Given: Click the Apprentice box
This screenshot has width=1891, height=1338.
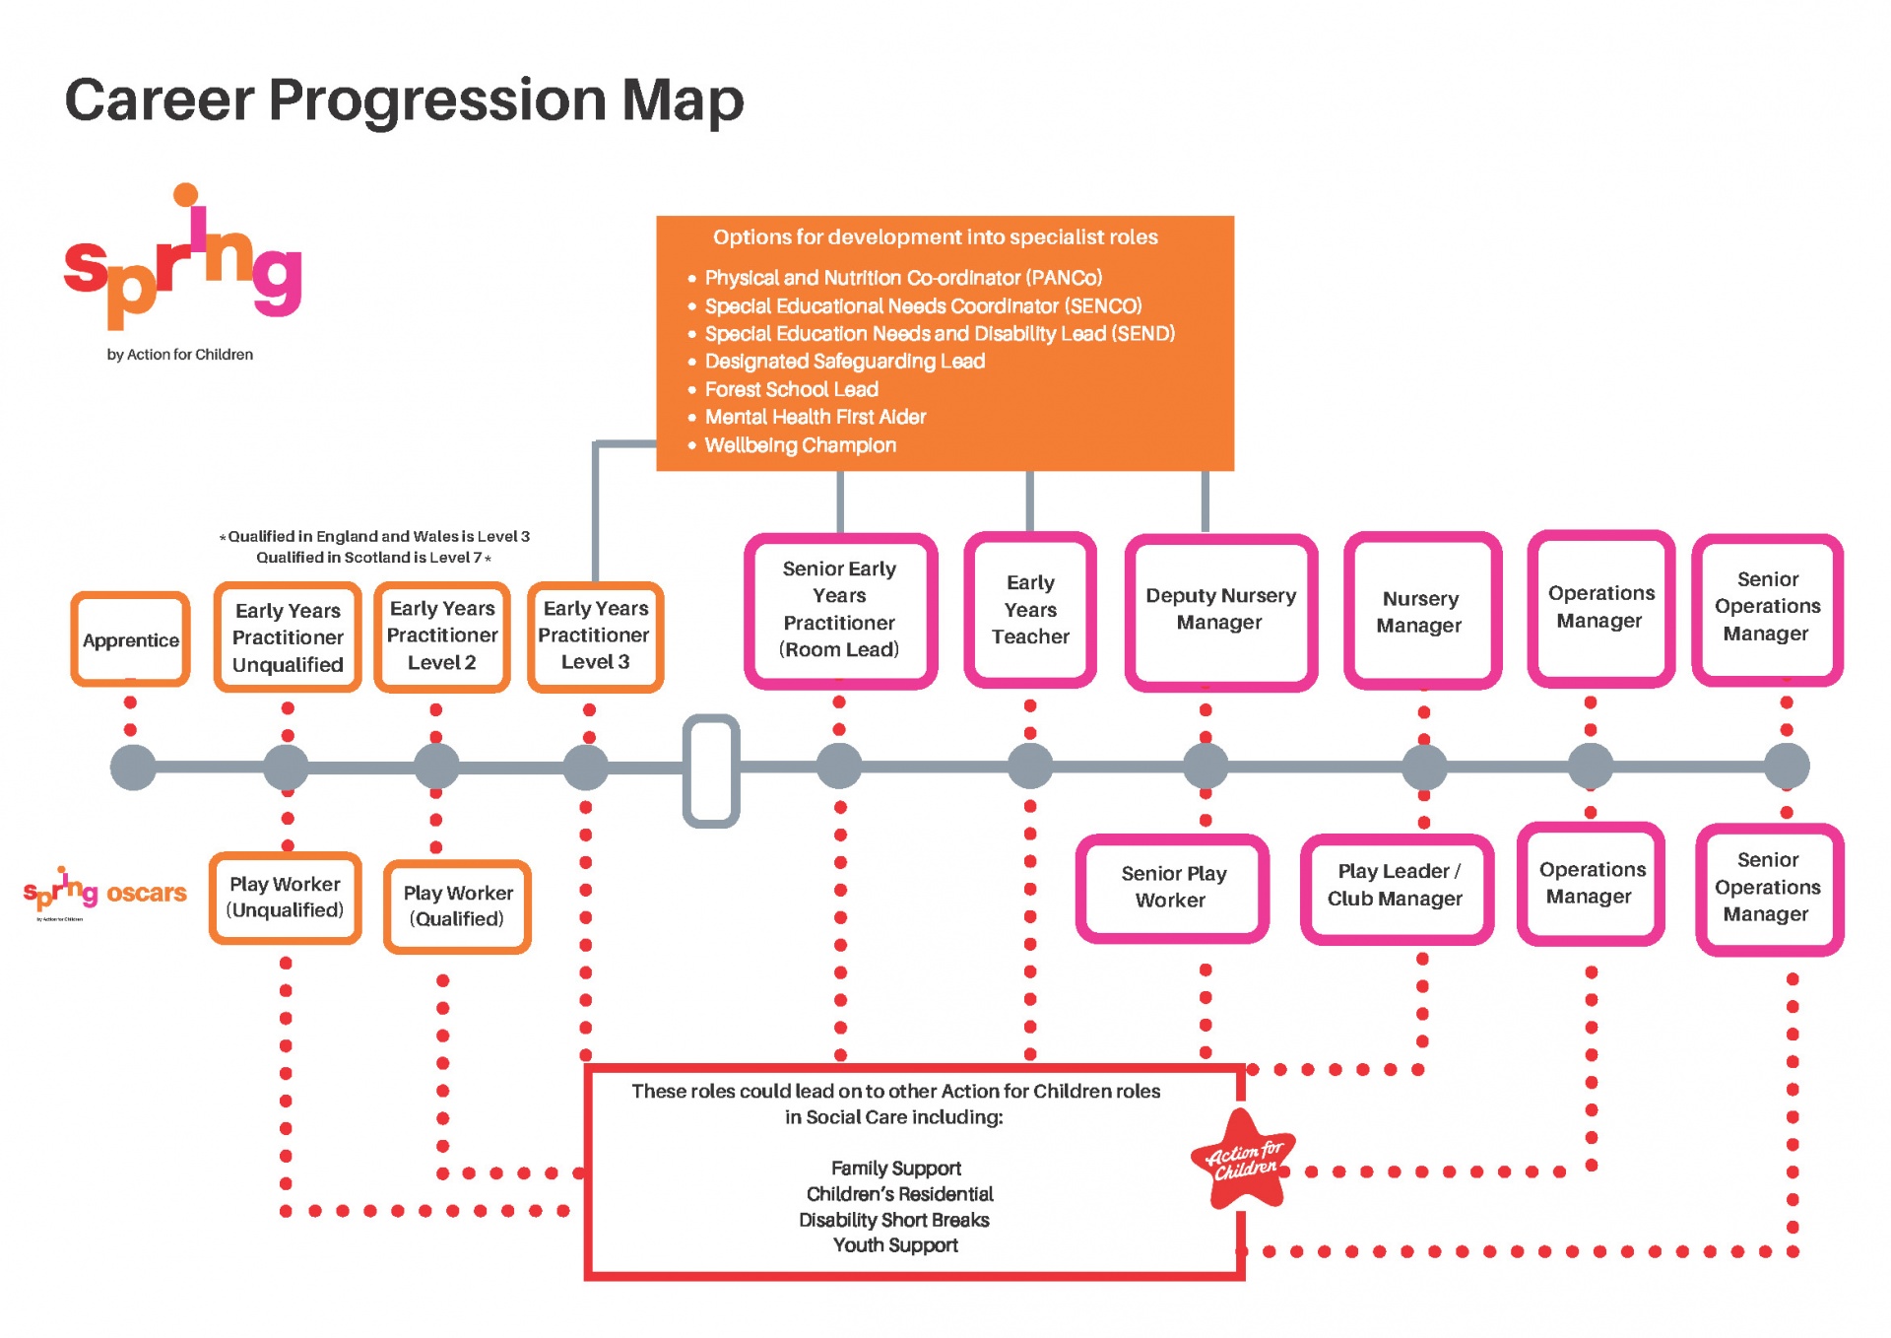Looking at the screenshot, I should [x=130, y=639].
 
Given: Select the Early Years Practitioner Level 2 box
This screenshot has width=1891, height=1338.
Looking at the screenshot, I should [x=441, y=636].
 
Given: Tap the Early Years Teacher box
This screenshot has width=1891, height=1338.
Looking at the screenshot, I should [x=1029, y=610].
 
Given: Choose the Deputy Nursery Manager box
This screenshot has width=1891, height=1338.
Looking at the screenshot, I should [x=1220, y=610].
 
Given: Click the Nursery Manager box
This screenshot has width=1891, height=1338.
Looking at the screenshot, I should [x=1420, y=612].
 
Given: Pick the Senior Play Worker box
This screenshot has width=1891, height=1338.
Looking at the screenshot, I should [x=1172, y=887].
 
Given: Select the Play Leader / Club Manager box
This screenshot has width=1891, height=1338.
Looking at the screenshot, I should [x=1396, y=886].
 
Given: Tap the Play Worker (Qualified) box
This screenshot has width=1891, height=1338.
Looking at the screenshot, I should [x=457, y=905].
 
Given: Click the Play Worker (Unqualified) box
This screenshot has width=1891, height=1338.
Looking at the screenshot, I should [x=285, y=898].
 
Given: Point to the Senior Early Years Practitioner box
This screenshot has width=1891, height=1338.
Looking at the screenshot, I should [x=839, y=610].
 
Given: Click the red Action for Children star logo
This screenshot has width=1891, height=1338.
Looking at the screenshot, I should [x=1243, y=1161].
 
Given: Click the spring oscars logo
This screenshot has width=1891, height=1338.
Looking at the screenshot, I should [x=104, y=892].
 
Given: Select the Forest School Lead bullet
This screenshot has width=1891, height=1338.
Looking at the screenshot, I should [x=791, y=389].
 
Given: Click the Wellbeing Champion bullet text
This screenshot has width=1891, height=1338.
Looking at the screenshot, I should [x=800, y=445].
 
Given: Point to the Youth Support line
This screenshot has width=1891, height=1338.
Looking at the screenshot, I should [x=894, y=1245].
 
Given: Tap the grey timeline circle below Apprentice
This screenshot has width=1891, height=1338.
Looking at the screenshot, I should [x=133, y=768].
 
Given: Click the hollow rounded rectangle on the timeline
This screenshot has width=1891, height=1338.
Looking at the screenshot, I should [x=710, y=770].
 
